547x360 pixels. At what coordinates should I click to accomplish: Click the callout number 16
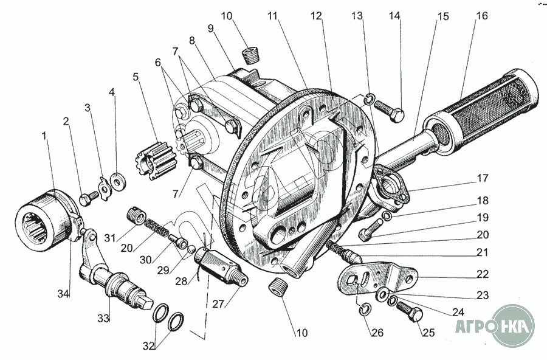pos(481,16)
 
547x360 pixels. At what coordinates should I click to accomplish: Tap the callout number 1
pos(44,136)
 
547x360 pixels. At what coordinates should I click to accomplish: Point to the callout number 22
pos(482,274)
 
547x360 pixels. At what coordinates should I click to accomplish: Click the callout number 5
pos(136,77)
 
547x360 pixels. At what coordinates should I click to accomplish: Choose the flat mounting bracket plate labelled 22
pos(377,279)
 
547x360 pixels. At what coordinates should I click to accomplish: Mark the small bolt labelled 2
pos(88,198)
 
